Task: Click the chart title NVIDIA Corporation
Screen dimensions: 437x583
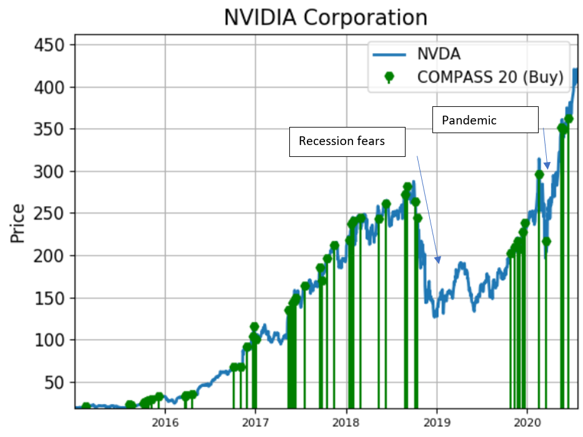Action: [326, 17]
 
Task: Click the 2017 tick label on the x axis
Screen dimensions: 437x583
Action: [256, 421]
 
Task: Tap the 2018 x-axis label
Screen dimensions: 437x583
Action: [346, 421]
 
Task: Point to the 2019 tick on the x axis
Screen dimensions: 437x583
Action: [437, 421]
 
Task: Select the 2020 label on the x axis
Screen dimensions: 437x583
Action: [527, 421]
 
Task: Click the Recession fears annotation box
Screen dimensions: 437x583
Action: [347, 141]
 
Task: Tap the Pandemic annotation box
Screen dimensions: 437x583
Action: [485, 119]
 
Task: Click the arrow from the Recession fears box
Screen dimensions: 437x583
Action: [427, 207]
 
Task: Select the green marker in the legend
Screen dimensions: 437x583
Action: [389, 77]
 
